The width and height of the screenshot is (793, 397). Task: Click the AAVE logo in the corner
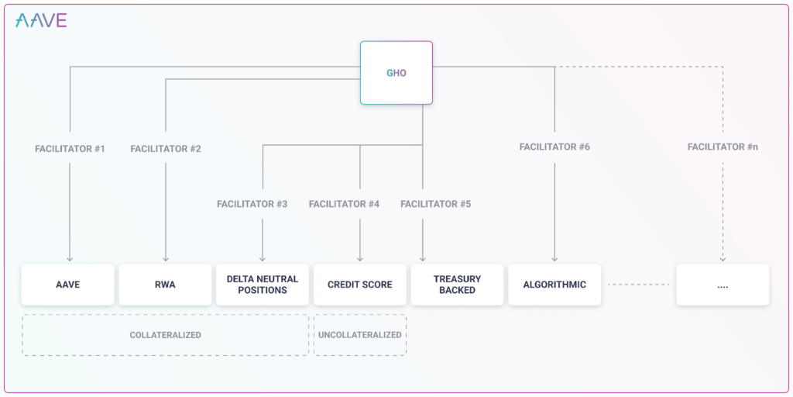click(41, 21)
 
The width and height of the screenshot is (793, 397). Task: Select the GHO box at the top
click(396, 73)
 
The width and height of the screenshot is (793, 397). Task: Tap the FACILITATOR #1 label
click(70, 148)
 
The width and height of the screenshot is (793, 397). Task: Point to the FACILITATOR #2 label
click(166, 148)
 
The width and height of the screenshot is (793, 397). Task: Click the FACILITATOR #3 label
click(252, 204)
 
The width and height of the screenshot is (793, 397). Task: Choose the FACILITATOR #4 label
click(344, 204)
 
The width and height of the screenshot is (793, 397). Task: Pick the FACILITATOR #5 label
click(435, 204)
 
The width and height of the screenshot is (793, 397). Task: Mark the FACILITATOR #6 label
click(554, 147)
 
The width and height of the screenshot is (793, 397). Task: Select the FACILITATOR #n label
click(723, 147)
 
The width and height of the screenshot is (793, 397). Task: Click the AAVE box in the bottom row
click(68, 285)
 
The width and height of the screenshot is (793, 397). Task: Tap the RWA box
click(165, 285)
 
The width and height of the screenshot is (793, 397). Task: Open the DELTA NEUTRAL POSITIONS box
click(263, 285)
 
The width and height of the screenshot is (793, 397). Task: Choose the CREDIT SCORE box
click(359, 285)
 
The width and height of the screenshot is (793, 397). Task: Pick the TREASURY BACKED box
click(457, 285)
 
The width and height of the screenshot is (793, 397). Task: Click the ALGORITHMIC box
click(554, 285)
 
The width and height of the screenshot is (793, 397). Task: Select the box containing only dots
click(723, 285)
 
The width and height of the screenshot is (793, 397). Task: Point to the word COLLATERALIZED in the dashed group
click(165, 335)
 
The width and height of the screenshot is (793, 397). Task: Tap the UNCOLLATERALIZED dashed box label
click(359, 335)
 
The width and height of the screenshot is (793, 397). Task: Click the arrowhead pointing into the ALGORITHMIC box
click(554, 259)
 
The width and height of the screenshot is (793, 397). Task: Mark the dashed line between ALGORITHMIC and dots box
click(638, 285)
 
